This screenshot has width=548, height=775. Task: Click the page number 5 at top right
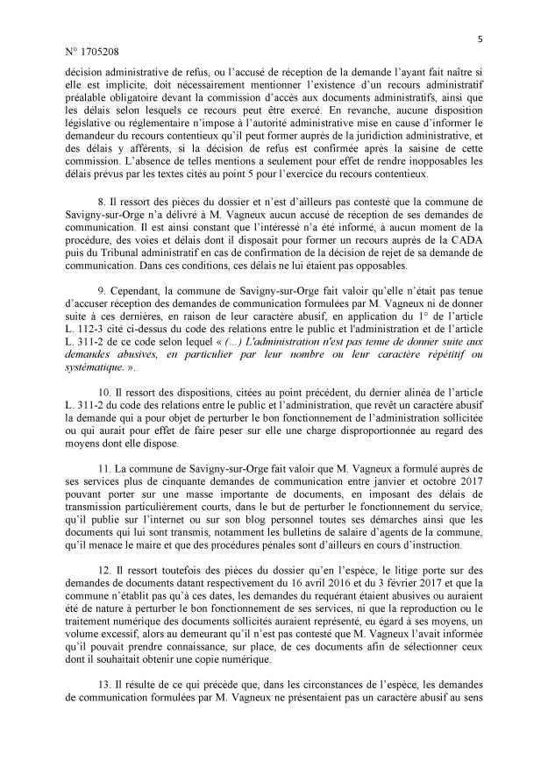pyautogui.click(x=481, y=38)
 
